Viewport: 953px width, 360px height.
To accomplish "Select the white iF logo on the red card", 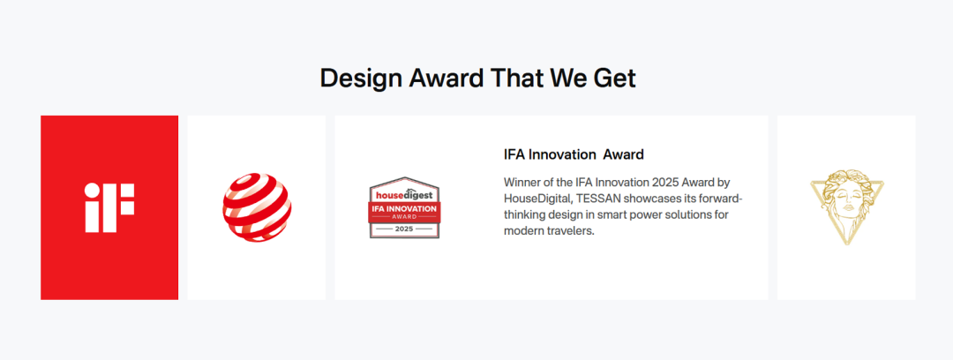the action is click(x=109, y=207).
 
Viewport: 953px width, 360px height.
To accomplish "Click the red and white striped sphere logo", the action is click(x=257, y=207).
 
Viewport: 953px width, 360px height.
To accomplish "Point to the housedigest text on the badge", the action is click(x=404, y=195).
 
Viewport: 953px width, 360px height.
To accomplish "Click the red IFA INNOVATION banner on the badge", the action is click(x=405, y=212).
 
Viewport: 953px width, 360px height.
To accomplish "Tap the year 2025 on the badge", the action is click(x=405, y=229).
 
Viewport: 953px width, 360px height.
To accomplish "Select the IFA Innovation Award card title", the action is click(x=574, y=154).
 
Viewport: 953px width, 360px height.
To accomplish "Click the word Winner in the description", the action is click(x=522, y=182).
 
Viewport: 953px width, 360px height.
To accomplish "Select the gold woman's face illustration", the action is click(x=846, y=207).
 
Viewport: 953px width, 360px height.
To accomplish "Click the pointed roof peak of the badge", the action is click(x=405, y=177).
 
